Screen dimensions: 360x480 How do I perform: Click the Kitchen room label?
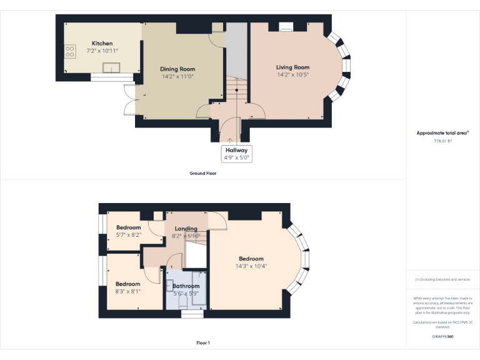pos(102,43)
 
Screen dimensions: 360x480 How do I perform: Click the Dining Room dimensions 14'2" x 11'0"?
pos(178,76)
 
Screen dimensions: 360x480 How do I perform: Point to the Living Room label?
pos(292,67)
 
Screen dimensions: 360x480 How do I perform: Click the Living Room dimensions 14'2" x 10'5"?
pos(292,74)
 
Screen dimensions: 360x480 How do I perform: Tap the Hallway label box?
pos(237,154)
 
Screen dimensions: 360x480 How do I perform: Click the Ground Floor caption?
pos(202,173)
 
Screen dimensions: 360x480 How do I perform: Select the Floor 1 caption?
pos(202,343)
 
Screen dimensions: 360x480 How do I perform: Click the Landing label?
pos(186,229)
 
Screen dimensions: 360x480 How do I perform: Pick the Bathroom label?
pos(186,286)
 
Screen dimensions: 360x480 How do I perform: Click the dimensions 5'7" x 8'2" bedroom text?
pos(129,235)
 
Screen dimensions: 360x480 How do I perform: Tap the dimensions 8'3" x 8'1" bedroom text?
pos(128,291)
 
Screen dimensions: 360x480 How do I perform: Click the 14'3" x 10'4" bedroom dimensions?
pos(251,266)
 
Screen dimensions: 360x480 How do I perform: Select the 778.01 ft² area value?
pos(442,141)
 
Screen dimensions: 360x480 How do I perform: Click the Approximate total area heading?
pos(442,133)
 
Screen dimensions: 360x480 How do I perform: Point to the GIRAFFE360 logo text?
pos(442,336)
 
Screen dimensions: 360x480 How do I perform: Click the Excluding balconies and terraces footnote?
pos(442,279)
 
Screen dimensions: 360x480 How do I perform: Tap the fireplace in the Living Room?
pos(287,27)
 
